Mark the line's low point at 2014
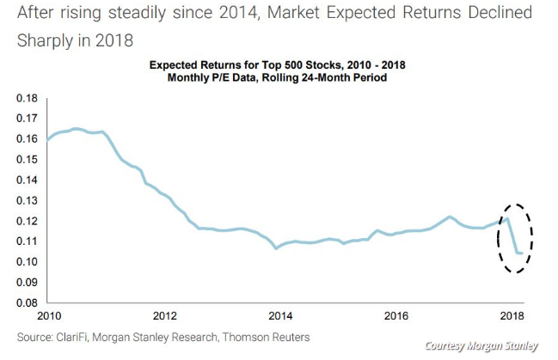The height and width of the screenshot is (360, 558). click(276, 248)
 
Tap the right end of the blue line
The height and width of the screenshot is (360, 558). click(523, 253)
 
